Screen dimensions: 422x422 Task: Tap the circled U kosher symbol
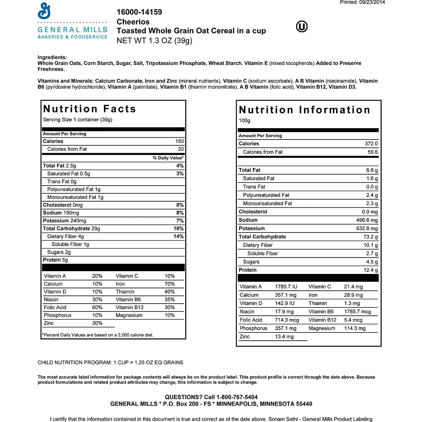302,27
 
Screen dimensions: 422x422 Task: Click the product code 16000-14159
139,12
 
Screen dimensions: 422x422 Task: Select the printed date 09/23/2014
371,2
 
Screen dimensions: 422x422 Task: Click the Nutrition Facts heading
89,109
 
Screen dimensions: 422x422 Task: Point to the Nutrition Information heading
304,110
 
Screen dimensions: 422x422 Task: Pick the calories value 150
179,141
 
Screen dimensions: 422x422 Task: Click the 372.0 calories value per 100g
371,144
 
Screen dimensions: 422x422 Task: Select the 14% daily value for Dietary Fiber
179,236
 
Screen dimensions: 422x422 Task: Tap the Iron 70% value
170,284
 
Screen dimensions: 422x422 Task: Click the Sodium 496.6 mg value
365,220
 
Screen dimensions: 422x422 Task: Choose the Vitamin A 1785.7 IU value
286,287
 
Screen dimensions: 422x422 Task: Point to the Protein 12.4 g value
371,270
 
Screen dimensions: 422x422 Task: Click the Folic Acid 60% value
97,308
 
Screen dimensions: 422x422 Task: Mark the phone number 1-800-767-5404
233,397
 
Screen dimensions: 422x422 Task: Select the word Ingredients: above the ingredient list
52,57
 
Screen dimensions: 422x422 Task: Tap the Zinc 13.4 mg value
284,337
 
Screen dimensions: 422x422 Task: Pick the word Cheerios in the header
133,22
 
